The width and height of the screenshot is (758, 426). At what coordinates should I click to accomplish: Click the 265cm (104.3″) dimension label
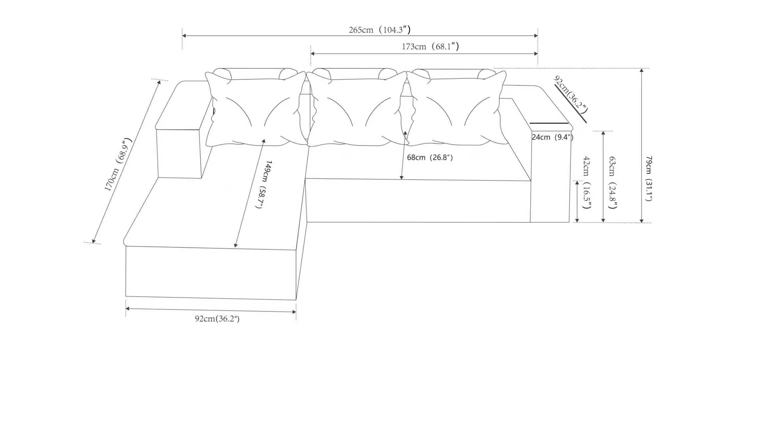[379, 30]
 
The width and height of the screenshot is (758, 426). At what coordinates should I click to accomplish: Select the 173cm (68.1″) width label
[430, 47]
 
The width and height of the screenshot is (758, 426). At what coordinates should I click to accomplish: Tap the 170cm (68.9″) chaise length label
[118, 164]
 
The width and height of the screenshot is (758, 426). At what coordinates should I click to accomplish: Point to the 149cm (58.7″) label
[264, 184]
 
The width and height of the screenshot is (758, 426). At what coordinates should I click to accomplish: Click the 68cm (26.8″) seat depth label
[430, 157]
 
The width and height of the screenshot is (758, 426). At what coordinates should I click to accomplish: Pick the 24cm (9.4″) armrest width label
[552, 137]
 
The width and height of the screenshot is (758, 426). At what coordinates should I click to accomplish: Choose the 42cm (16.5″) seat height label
[587, 182]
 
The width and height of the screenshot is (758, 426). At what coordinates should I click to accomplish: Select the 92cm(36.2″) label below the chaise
[217, 319]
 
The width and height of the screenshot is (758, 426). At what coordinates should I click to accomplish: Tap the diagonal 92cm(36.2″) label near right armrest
[571, 94]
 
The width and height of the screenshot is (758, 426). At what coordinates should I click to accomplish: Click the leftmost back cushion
[256, 109]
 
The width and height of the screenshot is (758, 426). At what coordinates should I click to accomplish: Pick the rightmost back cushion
[457, 109]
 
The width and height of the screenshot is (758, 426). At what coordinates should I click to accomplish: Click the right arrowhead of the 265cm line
[536, 36]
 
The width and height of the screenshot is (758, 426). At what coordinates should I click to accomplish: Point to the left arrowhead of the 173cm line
[313, 54]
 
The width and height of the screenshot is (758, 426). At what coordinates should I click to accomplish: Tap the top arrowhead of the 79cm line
[641, 71]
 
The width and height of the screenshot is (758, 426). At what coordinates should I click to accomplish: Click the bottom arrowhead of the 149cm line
[235, 245]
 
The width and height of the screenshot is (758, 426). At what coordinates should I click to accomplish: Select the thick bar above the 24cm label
[549, 123]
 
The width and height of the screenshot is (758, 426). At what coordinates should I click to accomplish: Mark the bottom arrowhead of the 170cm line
[94, 241]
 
